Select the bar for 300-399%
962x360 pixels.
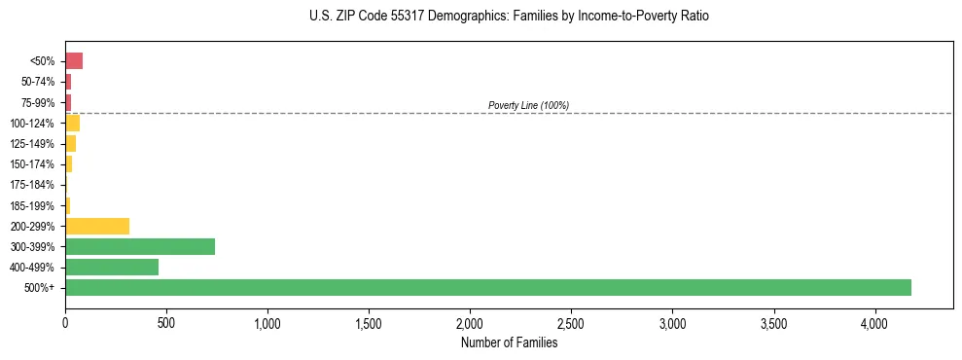(140, 246)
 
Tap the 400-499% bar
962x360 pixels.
(112, 267)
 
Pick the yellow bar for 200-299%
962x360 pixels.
(97, 226)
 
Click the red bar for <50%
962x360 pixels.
(74, 61)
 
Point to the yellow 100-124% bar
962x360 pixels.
(73, 123)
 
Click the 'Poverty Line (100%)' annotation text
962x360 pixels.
(528, 105)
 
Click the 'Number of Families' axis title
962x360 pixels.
(509, 342)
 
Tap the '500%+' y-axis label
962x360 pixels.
(41, 288)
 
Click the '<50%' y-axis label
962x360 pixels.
(43, 61)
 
